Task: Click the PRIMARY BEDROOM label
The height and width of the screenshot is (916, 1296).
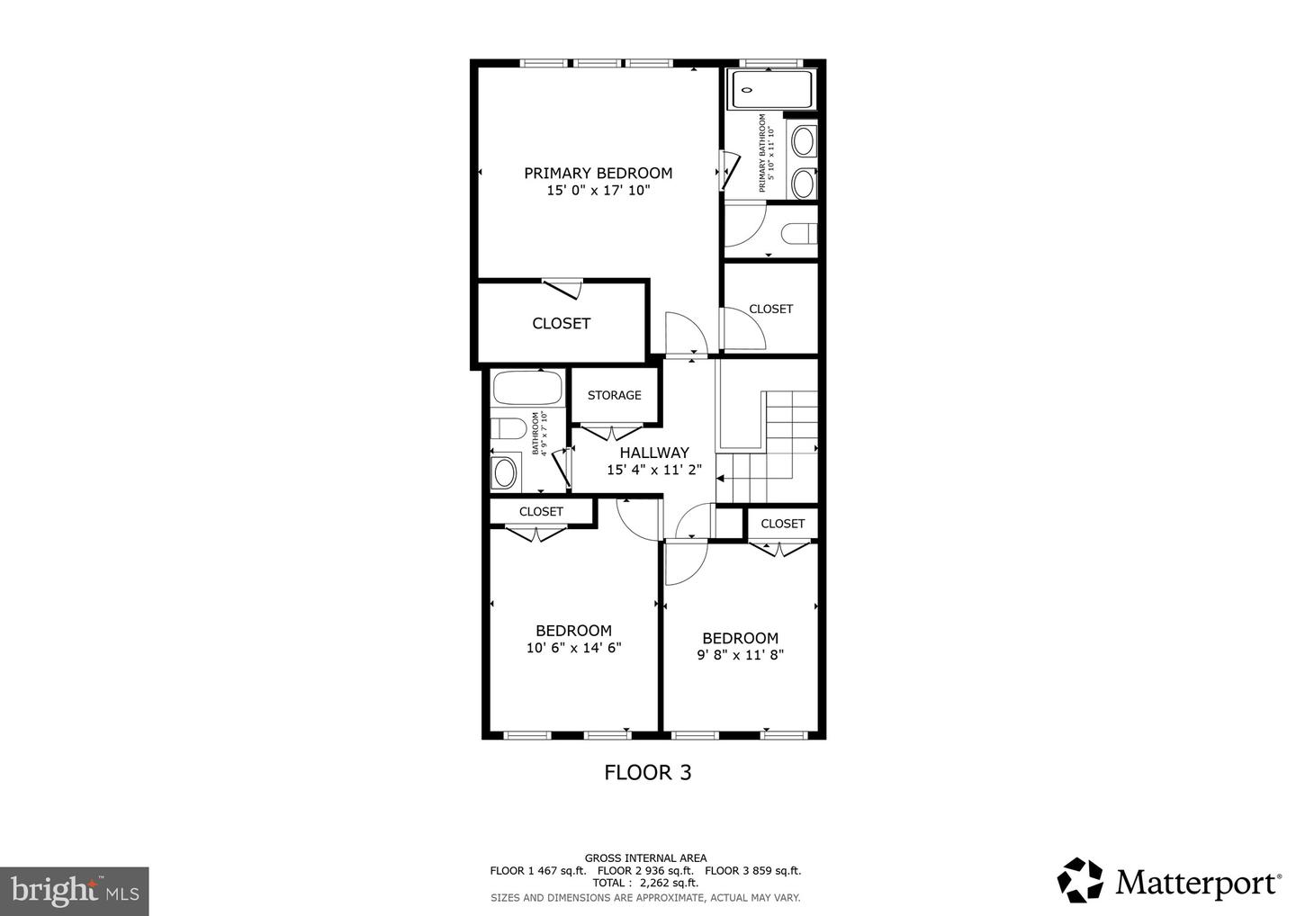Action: tap(598, 173)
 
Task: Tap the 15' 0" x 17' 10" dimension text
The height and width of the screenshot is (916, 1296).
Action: tap(598, 191)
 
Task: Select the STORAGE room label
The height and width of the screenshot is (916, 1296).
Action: tap(615, 395)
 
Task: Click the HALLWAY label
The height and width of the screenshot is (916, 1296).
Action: tap(654, 453)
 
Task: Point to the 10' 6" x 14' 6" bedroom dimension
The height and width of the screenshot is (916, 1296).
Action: tap(573, 648)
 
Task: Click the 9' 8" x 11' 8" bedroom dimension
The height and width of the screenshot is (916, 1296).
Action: tap(741, 655)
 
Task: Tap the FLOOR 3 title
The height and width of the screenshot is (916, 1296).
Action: tap(647, 772)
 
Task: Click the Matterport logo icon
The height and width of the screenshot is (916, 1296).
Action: tap(1080, 880)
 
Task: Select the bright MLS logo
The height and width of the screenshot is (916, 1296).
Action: tap(74, 891)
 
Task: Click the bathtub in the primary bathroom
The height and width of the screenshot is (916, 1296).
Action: tap(771, 90)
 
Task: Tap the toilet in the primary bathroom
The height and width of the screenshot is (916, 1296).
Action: tap(798, 234)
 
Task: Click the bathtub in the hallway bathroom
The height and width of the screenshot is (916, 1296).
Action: tap(527, 389)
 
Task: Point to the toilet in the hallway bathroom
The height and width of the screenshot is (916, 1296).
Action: tap(508, 428)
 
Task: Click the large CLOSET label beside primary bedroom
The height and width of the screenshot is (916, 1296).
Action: tap(561, 323)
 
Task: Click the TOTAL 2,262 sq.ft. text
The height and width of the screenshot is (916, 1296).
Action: tap(645, 883)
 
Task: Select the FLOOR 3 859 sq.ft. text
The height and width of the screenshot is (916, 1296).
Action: tap(752, 870)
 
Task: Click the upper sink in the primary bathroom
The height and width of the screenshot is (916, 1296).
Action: tap(802, 142)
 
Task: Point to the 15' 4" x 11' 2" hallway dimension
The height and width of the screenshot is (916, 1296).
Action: tap(654, 470)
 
